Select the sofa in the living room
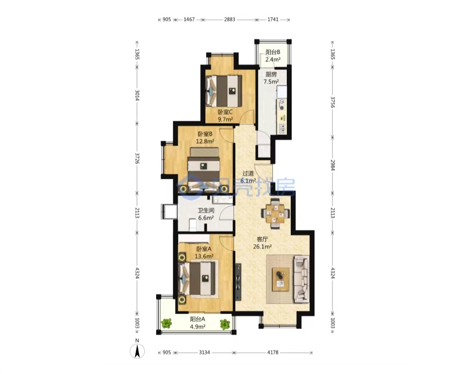pyautogui.click(x=302, y=279)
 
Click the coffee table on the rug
pyautogui.click(x=281, y=279)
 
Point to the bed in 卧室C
pyautogui.click(x=224, y=91)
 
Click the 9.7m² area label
pyautogui.click(x=225, y=119)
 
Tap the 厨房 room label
pyautogui.click(x=271, y=74)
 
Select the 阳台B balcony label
pyautogui.click(x=273, y=52)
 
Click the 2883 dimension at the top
pyautogui.click(x=230, y=19)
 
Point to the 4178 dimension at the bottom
pyautogui.click(x=273, y=352)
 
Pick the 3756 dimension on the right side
pyautogui.click(x=332, y=102)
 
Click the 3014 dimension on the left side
pyautogui.click(x=137, y=95)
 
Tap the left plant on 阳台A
pyautogui.click(x=166, y=323)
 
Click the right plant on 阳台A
pyautogui.click(x=225, y=324)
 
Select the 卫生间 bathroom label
pyautogui.click(x=206, y=210)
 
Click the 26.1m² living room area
pyautogui.click(x=262, y=247)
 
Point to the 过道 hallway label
pyautogui.click(x=248, y=173)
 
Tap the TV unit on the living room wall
pyautogui.click(x=238, y=282)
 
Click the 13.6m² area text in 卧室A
pyautogui.click(x=204, y=256)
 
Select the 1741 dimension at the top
pyautogui.click(x=273, y=19)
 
